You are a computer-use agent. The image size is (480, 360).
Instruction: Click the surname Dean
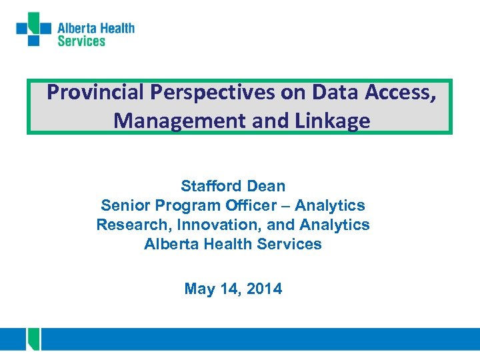(x=265, y=186)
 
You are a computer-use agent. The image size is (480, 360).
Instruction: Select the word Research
(x=127, y=225)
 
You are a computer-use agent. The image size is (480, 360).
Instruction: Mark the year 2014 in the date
(x=265, y=289)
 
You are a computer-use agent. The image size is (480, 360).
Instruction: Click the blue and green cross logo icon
(x=33, y=29)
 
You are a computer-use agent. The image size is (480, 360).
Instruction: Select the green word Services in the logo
(x=81, y=41)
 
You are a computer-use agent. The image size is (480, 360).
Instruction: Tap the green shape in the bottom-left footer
(x=33, y=339)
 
